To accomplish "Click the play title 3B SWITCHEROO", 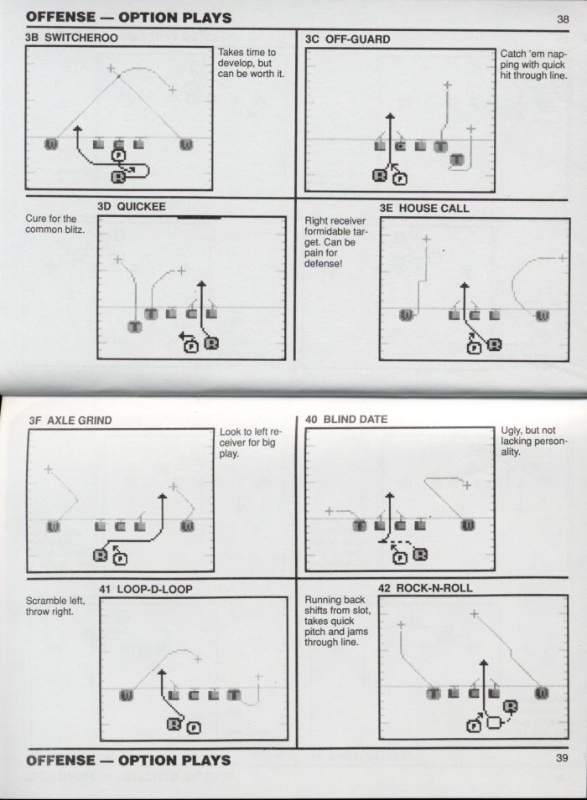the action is [x=71, y=38].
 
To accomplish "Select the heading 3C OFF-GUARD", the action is [x=347, y=39].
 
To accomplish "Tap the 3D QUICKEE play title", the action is [x=132, y=207].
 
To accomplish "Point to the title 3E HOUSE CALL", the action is [x=424, y=208].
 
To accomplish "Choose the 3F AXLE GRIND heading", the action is [x=70, y=421].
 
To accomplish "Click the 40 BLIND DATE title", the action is [x=346, y=420].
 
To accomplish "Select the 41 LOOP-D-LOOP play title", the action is [x=146, y=589].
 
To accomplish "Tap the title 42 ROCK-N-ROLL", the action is [x=425, y=588].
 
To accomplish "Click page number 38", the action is [x=563, y=19].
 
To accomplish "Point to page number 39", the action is [x=562, y=757].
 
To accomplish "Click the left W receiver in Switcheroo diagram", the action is [x=51, y=144].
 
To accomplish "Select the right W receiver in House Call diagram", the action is [x=543, y=316].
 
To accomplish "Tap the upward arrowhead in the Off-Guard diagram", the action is [x=390, y=116].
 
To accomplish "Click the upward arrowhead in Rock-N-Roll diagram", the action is [x=483, y=663].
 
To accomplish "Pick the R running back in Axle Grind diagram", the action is [x=100, y=555].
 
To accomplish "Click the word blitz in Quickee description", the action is [x=75, y=230].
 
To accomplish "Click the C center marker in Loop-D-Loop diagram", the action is [x=193, y=695].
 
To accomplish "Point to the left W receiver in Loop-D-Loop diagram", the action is [x=126, y=695].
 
